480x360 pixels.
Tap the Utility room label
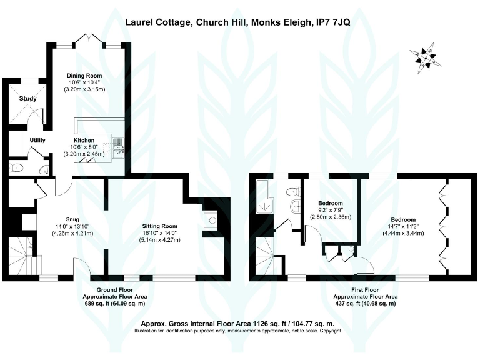(x=37, y=140)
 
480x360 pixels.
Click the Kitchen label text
(x=84, y=140)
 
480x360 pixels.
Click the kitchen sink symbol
(x=119, y=147)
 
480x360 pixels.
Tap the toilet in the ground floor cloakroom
(x=16, y=167)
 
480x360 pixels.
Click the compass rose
(x=425, y=56)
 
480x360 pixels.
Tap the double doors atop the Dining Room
(x=92, y=39)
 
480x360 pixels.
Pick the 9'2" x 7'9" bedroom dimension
(x=331, y=211)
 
